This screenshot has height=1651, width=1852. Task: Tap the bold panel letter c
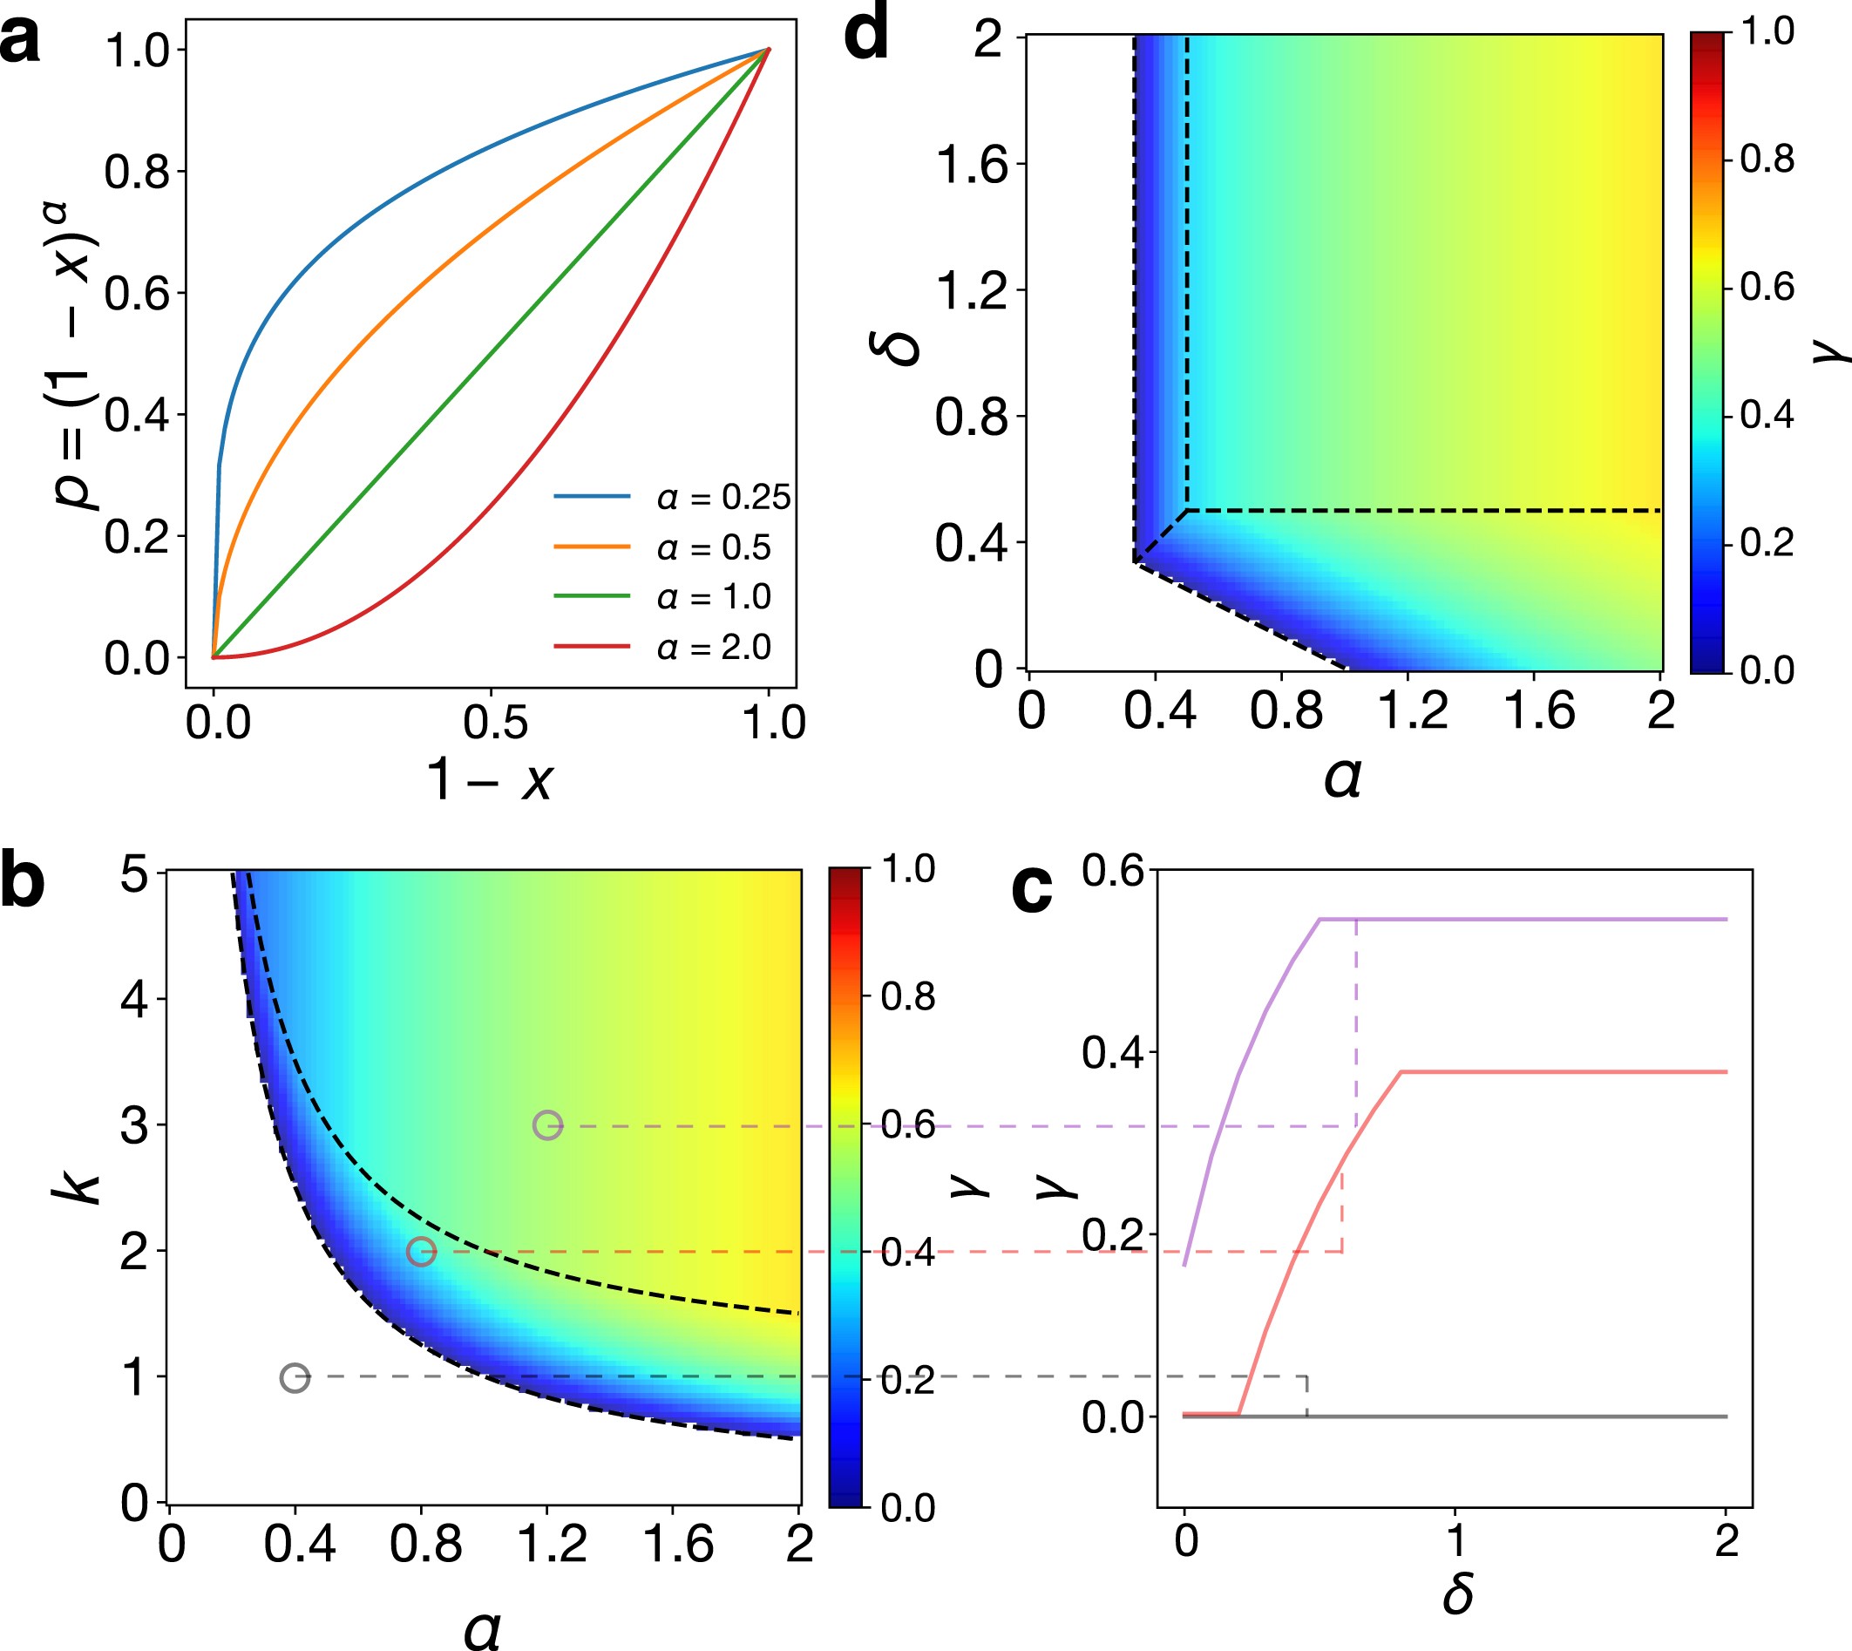click(x=1031, y=888)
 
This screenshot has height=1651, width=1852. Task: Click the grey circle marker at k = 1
click(x=295, y=1378)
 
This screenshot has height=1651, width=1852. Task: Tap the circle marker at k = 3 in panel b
click(x=548, y=1125)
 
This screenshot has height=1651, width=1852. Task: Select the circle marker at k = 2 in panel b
click(x=421, y=1252)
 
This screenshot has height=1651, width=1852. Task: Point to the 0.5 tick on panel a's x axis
click(x=494, y=722)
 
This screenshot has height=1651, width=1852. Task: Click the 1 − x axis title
click(x=491, y=780)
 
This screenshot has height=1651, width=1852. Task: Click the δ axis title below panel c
click(x=1457, y=1593)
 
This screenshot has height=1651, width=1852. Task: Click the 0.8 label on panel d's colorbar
click(x=1767, y=160)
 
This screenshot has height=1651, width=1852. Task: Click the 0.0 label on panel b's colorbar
click(x=908, y=1509)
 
